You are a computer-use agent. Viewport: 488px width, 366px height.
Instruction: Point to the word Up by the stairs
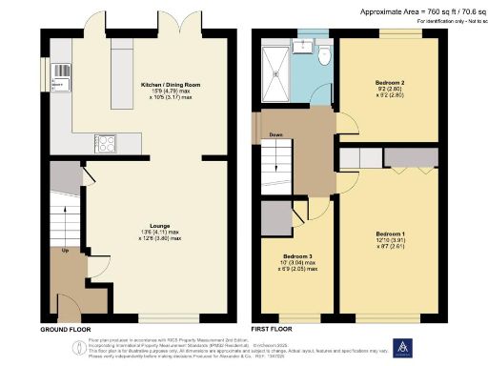pos(65,252)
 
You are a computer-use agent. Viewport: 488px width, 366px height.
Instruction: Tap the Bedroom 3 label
pos(297,261)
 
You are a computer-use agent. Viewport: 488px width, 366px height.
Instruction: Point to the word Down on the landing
pos(275,134)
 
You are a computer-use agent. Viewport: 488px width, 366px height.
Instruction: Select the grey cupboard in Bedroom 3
pos(277,218)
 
